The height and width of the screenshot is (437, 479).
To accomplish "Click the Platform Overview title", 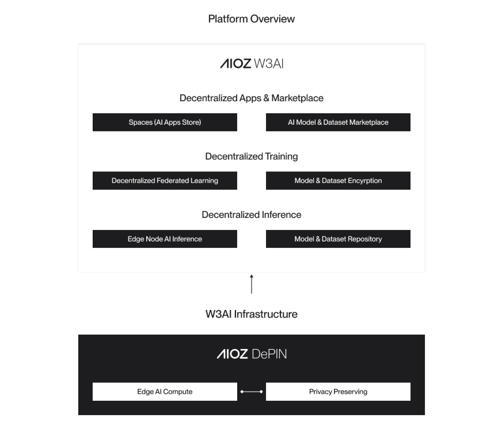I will click(x=251, y=19).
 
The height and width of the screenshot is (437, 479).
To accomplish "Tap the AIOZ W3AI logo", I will click(x=252, y=64).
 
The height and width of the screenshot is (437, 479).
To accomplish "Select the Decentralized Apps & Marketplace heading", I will click(x=252, y=98).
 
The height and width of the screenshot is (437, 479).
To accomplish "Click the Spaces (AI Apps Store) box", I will click(x=165, y=122).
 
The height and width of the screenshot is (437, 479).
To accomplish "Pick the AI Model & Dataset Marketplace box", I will click(x=338, y=122).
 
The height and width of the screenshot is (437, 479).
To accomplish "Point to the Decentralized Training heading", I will click(x=252, y=156).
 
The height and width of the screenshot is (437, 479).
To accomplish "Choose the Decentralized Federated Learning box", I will click(x=165, y=181).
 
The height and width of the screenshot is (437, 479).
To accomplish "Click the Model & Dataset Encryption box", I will click(x=338, y=181).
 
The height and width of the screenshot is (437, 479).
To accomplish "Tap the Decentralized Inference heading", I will click(x=252, y=215).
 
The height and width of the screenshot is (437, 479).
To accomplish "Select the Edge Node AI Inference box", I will click(x=165, y=239).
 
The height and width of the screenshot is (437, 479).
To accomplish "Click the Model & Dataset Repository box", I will click(x=338, y=239).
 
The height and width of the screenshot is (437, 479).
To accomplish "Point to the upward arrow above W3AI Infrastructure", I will click(x=252, y=284).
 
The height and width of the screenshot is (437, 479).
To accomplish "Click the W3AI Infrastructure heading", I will click(x=252, y=315).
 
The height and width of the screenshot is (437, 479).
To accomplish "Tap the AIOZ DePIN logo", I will click(x=252, y=354).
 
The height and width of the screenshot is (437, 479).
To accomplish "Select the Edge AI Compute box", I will click(x=165, y=392).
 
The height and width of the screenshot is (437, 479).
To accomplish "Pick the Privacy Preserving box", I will click(x=338, y=392).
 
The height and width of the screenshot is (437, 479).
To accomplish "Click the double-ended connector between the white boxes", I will click(x=252, y=392).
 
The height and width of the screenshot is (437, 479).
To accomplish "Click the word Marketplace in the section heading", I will click(x=298, y=98).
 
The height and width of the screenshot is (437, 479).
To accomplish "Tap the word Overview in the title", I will click(x=272, y=19).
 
